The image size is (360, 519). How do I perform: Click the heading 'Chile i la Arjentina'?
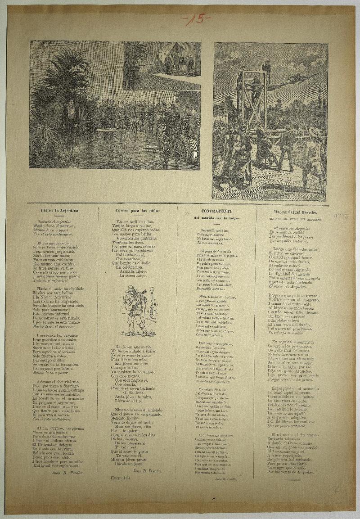59,210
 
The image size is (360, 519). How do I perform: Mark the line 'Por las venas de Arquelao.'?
292,472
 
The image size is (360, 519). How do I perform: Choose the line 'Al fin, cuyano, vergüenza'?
59,428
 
